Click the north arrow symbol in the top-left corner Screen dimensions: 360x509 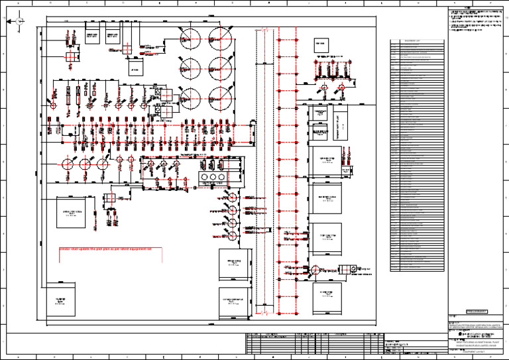(19, 21)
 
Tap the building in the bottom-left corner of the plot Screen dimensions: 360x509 (60, 300)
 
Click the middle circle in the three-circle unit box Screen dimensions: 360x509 (213, 179)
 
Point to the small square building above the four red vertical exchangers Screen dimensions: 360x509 (321, 45)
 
